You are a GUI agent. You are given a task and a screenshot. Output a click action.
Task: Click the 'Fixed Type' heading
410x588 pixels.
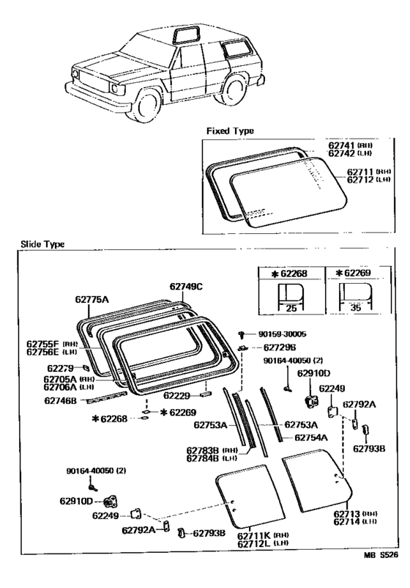pyautogui.click(x=229, y=130)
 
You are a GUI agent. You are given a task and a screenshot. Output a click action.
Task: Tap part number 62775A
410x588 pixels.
pyautogui.click(x=92, y=299)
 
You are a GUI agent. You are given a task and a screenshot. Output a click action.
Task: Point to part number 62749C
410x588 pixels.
pyautogui.click(x=186, y=287)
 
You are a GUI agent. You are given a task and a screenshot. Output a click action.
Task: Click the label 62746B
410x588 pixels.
pyautogui.click(x=61, y=400)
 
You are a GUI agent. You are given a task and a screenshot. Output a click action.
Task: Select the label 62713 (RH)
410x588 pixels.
pyautogui.click(x=353, y=513)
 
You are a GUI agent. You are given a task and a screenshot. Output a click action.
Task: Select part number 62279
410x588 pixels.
pyautogui.click(x=61, y=367)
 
